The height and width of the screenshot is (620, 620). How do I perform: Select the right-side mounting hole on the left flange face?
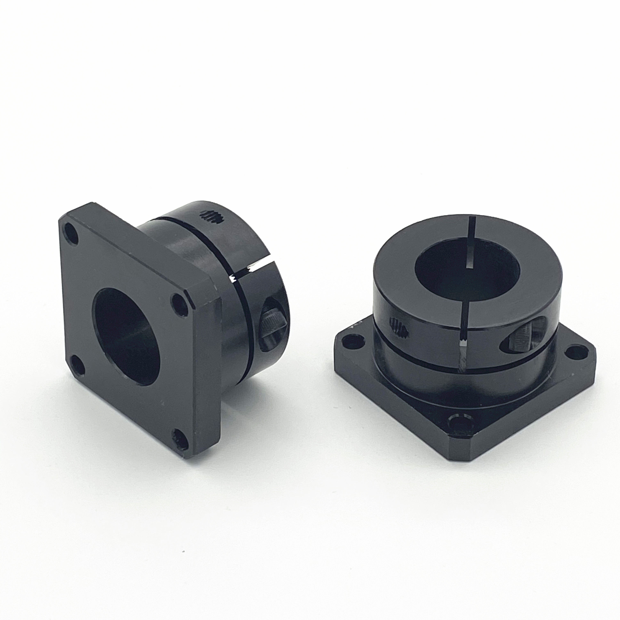(x=180, y=303)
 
